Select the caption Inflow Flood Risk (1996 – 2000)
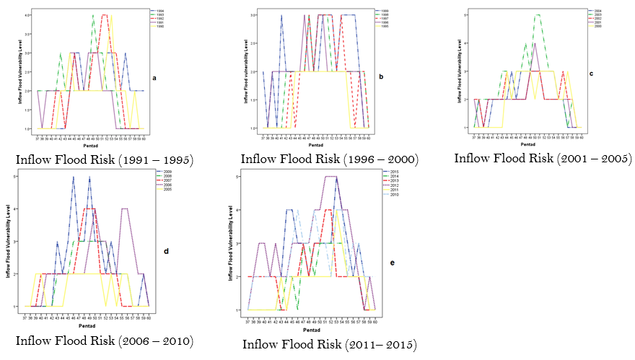click(330, 159)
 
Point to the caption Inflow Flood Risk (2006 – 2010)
click(104, 340)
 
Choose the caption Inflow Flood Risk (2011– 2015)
click(330, 344)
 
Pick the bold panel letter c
click(592, 74)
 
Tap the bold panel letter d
click(166, 251)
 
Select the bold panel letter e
click(393, 263)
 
